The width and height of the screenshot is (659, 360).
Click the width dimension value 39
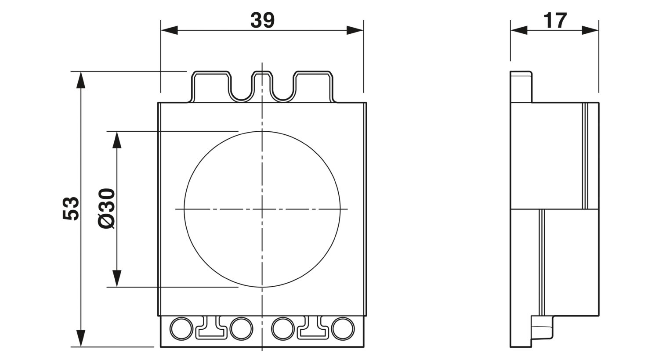pos(262,20)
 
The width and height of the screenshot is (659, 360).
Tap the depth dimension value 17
pos(554,20)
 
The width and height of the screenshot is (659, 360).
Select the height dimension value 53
pos(71,209)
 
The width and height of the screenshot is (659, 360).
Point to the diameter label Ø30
pos(106,209)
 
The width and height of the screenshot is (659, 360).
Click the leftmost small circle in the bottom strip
pos(181,328)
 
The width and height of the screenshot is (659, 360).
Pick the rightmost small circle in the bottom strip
pos(343,328)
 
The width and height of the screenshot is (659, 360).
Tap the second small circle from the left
pos(241,328)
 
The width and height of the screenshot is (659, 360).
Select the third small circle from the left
pos(283,328)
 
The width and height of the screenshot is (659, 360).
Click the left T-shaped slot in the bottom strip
pos(211,331)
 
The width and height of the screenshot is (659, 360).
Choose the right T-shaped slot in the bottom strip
pos(313,331)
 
